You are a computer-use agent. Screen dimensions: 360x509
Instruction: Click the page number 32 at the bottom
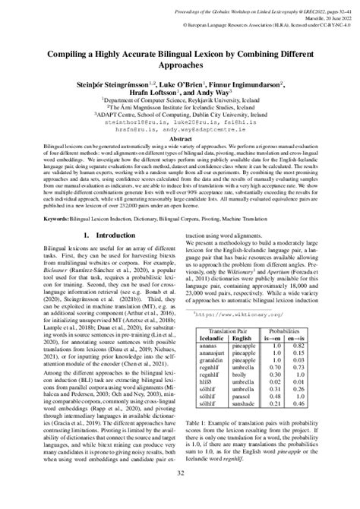pyautogui.click(x=180, y=494)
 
